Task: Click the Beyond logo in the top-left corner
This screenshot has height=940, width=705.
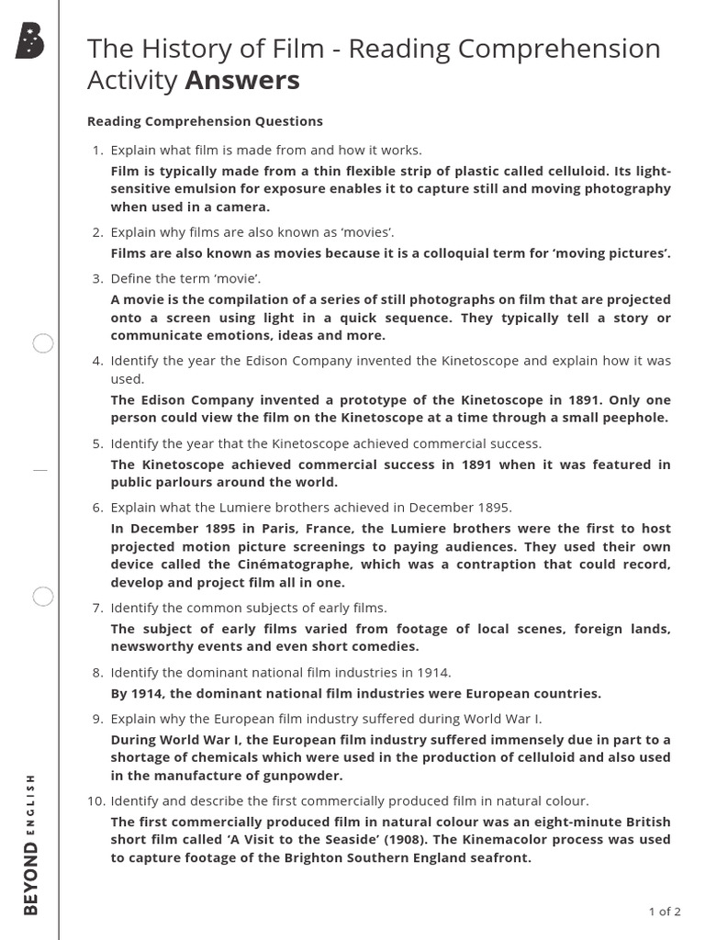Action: [x=29, y=41]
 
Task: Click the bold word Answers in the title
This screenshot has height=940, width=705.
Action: [x=242, y=81]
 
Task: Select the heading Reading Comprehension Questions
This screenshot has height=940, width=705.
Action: [x=205, y=121]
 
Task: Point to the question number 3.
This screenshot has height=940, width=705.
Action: [x=97, y=278]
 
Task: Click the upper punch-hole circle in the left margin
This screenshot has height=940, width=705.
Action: [x=43, y=344]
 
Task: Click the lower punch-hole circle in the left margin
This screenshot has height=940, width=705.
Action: [x=43, y=597]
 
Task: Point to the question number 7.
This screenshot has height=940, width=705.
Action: [x=97, y=608]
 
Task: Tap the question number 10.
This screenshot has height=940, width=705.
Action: [x=96, y=800]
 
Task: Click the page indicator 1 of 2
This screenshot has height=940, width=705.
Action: [x=665, y=912]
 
